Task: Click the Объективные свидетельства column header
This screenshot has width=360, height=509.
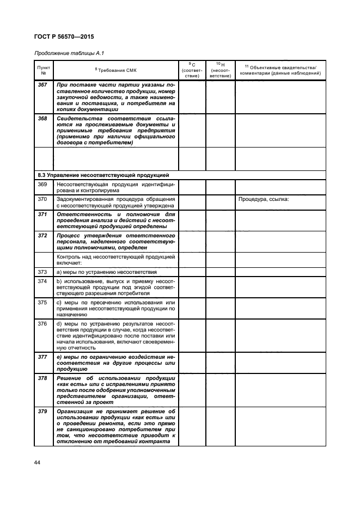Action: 280,69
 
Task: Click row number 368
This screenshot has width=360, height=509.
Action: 42,118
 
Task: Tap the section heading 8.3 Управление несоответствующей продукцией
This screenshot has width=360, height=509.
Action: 103,175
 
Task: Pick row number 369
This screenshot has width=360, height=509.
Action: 42,185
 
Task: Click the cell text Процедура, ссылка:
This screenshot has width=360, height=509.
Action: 263,199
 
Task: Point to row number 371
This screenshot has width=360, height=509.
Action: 42,214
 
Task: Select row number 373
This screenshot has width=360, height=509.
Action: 42,271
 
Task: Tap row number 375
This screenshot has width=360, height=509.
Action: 42,302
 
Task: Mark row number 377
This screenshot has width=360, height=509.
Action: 42,357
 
